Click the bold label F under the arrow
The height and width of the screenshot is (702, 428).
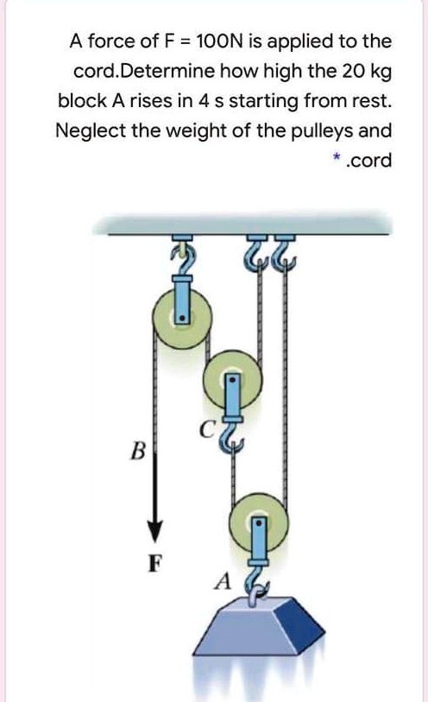pyautogui.click(x=154, y=566)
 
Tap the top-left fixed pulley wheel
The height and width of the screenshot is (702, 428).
pyautogui.click(x=180, y=318)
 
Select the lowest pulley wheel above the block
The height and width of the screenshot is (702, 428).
pyautogui.click(x=259, y=522)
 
